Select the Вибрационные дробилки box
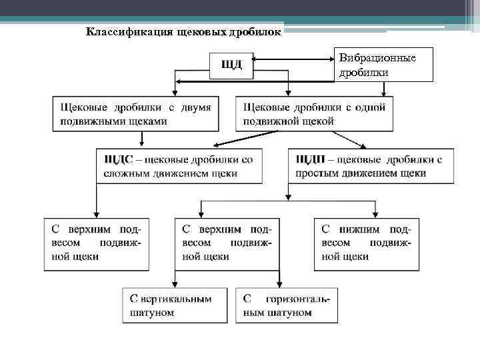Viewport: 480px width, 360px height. coord(383,65)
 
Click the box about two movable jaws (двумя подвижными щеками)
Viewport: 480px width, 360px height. coord(135,114)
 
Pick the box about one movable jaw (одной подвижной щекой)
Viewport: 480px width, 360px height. coord(314,114)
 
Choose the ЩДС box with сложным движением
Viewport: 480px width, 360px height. coord(179,166)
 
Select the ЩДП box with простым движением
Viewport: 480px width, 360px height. coord(369,166)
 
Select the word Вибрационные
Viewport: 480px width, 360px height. coord(377,58)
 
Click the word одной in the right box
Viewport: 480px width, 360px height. coord(365,107)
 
